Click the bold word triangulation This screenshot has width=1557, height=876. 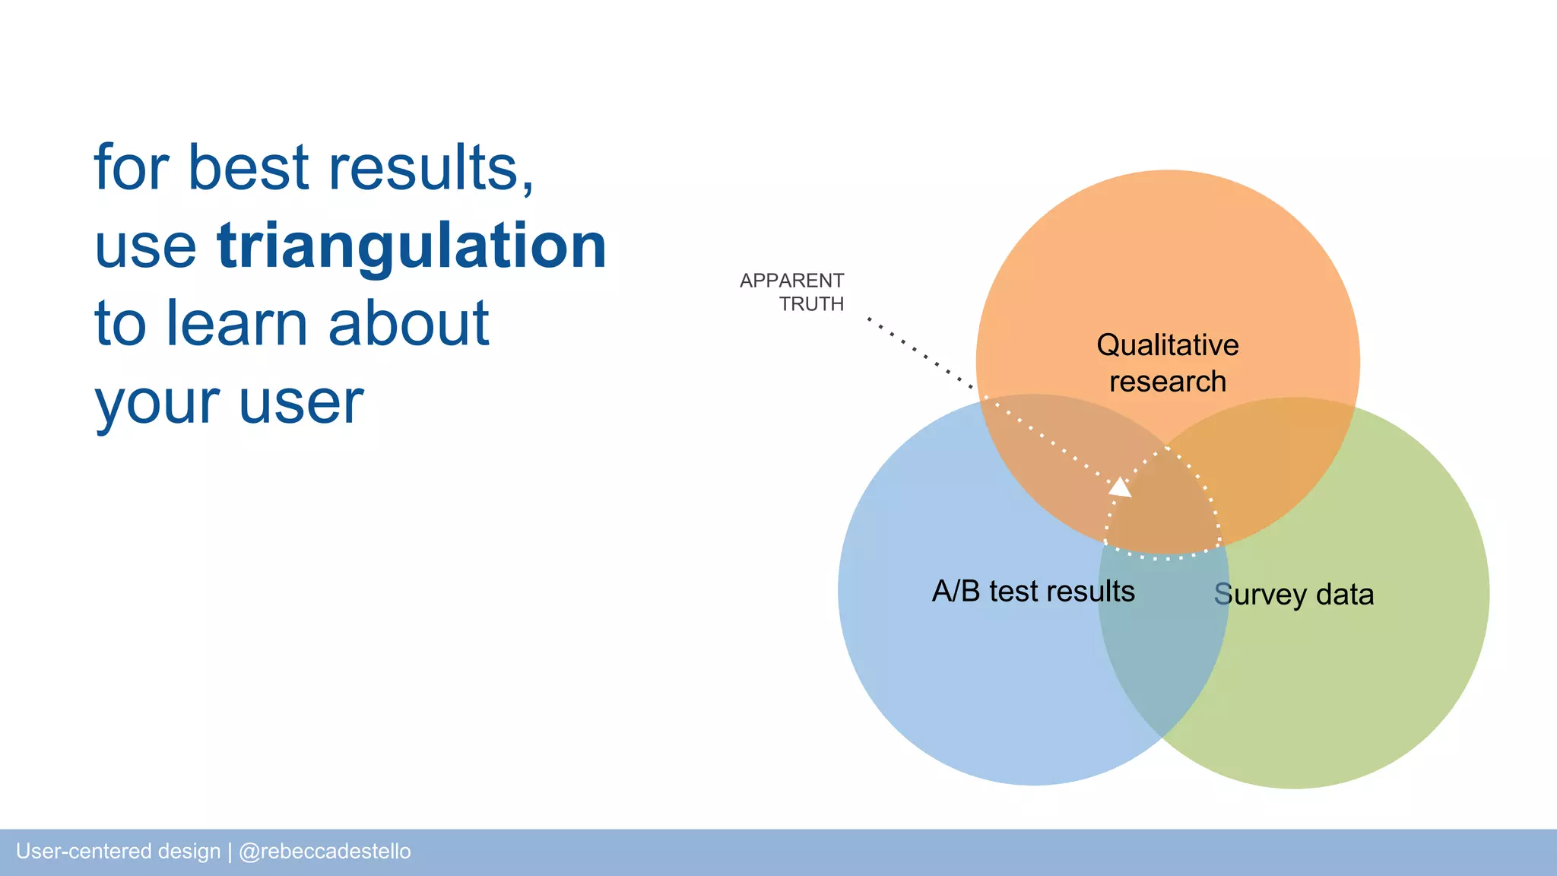pyautogui.click(x=411, y=246)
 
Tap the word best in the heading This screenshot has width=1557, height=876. pyautogui.click(x=248, y=168)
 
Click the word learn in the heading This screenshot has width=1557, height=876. pyautogui.click(x=236, y=324)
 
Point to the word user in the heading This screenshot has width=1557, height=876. pyautogui.click(x=301, y=402)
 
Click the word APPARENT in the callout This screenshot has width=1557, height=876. pyautogui.click(x=791, y=281)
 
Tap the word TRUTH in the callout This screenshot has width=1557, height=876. pyautogui.click(x=811, y=304)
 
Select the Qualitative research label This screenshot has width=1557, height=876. pyautogui.click(x=1167, y=363)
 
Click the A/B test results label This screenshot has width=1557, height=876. pyautogui.click(x=1033, y=592)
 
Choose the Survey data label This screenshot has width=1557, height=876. pyautogui.click(x=1293, y=595)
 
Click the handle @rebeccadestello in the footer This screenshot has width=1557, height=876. pyautogui.click(x=325, y=851)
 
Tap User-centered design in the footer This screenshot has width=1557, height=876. pyautogui.click(x=118, y=851)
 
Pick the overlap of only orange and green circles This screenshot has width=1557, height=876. pyautogui.click(x=1277, y=456)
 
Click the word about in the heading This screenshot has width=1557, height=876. pyautogui.click(x=408, y=324)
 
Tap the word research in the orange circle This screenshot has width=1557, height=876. pyautogui.click(x=1167, y=382)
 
